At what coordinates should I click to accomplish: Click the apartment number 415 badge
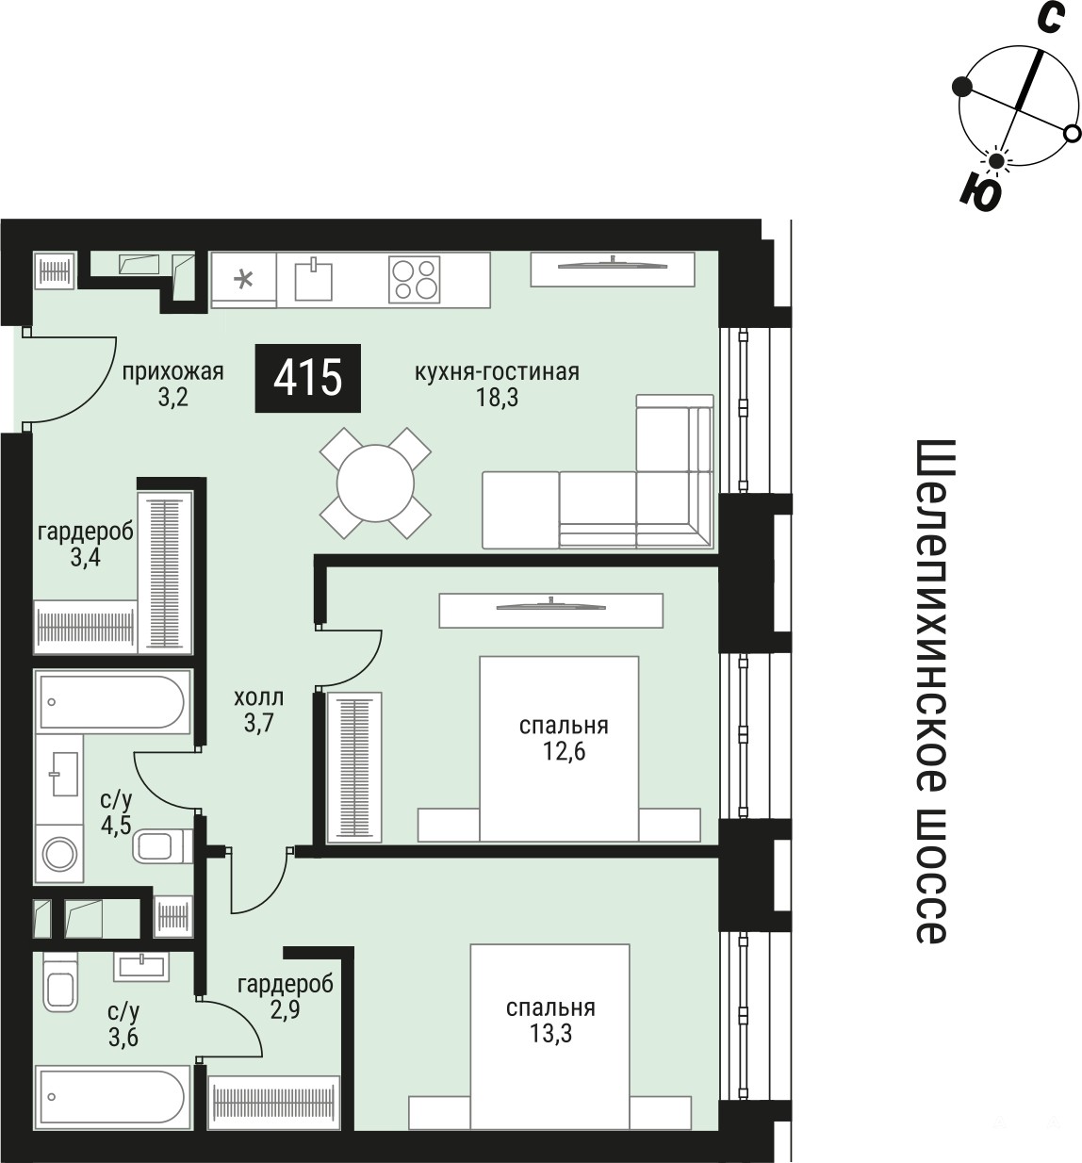point(307,378)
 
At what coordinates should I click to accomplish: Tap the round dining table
point(375,483)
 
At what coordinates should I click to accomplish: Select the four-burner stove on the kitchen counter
point(414,279)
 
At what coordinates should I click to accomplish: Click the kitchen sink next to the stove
point(314,279)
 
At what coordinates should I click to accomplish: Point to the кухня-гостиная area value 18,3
point(497,399)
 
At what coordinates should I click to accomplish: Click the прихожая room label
point(172,372)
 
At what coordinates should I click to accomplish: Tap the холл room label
point(259,698)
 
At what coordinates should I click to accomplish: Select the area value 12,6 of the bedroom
point(564,751)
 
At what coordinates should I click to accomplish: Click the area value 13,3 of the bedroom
point(550,1034)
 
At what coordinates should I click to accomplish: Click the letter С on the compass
point(1049,20)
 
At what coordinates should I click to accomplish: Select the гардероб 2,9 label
point(286,997)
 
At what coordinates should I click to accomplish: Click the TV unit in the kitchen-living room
point(613,270)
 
